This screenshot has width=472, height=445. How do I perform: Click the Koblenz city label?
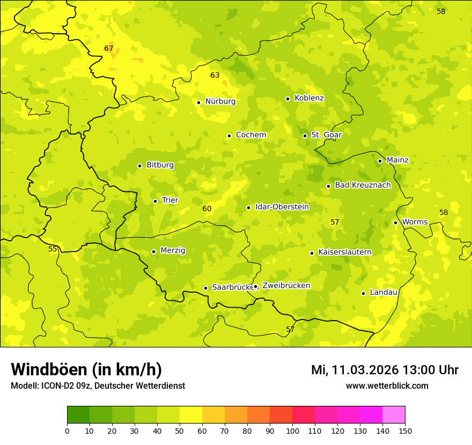point(309,98)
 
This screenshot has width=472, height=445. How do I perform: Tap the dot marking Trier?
point(155,201)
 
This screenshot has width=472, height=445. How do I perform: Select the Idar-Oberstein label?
point(282,207)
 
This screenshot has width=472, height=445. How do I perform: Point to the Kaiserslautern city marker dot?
point(312,253)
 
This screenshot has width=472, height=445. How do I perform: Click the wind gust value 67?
point(109,48)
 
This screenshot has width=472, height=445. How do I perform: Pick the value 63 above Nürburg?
point(215,75)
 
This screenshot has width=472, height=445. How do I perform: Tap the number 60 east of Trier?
point(207,209)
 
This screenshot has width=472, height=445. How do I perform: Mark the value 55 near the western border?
point(53,249)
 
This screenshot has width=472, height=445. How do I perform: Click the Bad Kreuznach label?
point(363,185)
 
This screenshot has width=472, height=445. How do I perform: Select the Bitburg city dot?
point(139,166)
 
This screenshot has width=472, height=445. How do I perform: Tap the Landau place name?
point(383,292)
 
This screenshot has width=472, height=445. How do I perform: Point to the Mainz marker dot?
point(380,161)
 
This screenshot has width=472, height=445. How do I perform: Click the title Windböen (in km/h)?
point(86,369)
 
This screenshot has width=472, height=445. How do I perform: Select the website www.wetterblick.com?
point(387,386)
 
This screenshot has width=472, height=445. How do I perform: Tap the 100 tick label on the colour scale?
point(292,431)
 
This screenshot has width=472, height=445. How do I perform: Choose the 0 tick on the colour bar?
point(67,431)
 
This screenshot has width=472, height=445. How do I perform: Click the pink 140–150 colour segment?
point(394,415)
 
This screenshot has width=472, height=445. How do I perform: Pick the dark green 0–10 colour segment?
point(78,415)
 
